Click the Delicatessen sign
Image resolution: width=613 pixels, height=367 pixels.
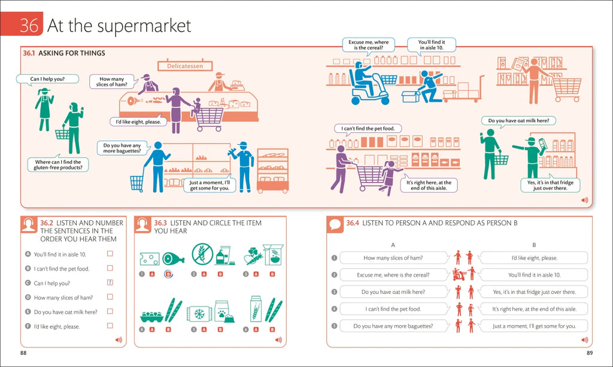click(184, 66)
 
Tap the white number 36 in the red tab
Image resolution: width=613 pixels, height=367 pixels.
click(29, 26)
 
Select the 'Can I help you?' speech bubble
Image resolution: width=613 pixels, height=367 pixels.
click(47, 78)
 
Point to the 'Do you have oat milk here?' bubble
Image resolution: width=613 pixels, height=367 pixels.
click(518, 120)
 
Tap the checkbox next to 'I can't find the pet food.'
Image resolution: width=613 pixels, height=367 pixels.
click(110, 268)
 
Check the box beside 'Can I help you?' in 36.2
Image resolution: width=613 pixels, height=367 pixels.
click(110, 283)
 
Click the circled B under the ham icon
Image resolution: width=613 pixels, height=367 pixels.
click(168, 274)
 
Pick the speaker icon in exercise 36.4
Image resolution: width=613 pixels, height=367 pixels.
click(584, 339)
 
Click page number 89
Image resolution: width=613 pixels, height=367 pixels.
click(590, 353)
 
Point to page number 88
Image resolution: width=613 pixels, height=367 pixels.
click(23, 353)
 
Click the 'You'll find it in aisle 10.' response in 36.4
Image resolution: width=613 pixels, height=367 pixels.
click(534, 275)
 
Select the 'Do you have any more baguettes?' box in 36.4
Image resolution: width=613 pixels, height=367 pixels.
click(393, 326)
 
